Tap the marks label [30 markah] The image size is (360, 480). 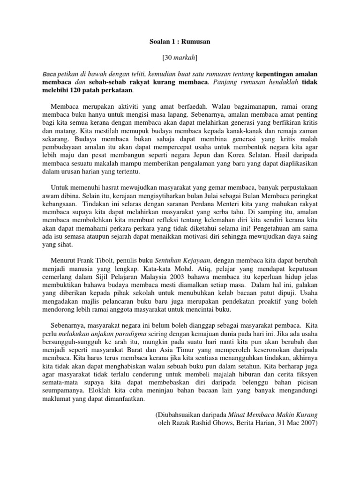pyautogui.click(x=180, y=58)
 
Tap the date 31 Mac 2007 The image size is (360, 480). pyautogui.click(x=298, y=423)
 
